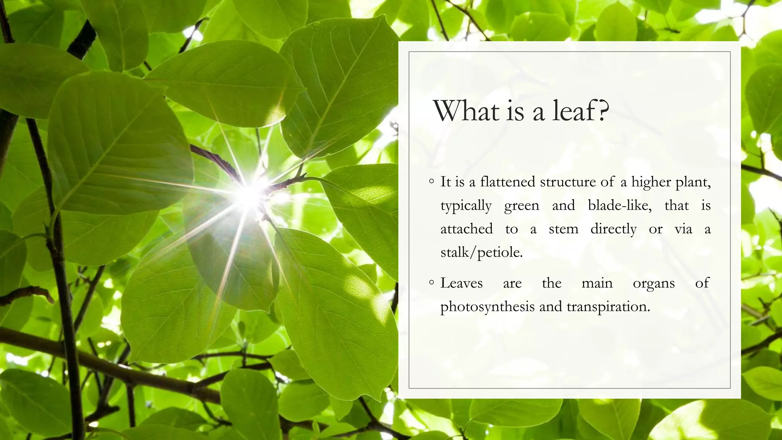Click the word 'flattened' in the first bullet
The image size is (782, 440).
pyautogui.click(x=508, y=182)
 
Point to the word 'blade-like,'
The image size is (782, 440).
pyautogui.click(x=620, y=205)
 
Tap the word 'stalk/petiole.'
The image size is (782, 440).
pyautogui.click(x=481, y=252)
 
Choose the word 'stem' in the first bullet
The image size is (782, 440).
pyautogui.click(x=564, y=229)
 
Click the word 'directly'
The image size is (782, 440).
pyautogui.click(x=613, y=229)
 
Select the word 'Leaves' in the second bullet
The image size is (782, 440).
pyautogui.click(x=462, y=283)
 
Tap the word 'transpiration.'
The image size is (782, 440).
pyautogui.click(x=608, y=307)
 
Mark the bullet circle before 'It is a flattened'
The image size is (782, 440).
pyautogui.click(x=431, y=181)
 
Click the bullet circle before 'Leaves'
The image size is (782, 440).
pyautogui.click(x=431, y=283)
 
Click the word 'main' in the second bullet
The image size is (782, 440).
pyautogui.click(x=597, y=283)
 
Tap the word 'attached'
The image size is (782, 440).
pyautogui.click(x=467, y=229)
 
